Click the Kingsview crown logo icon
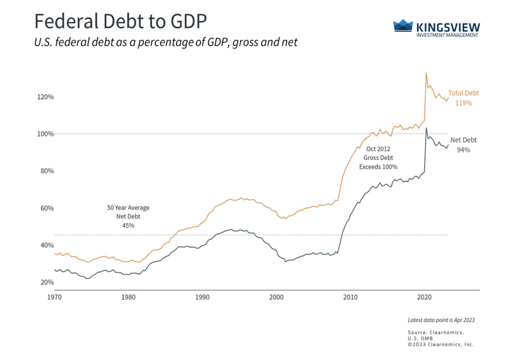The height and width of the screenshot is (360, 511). point(403,25)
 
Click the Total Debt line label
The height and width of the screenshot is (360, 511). point(463,93)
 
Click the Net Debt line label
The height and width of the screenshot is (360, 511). point(463,140)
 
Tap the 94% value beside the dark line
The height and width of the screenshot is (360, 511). point(463,149)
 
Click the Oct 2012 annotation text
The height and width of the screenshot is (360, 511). point(378,149)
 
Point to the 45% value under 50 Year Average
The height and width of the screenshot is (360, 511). point(128,226)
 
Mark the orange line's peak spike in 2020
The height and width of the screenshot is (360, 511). point(426,73)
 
